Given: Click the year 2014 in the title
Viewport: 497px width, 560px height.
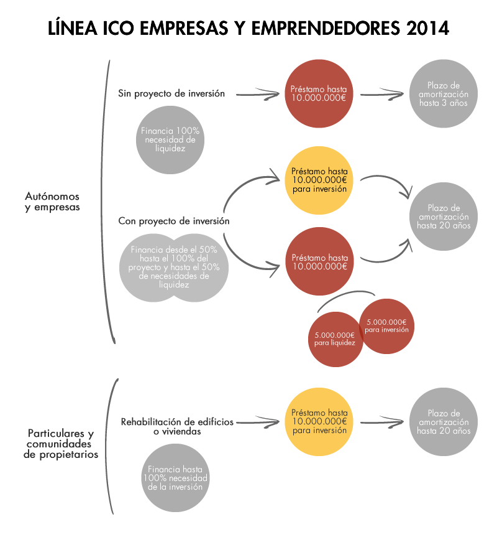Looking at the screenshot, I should tap(428, 29).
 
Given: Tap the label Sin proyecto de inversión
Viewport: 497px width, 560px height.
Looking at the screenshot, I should tap(171, 94).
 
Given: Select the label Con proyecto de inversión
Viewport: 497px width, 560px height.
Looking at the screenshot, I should tap(174, 221).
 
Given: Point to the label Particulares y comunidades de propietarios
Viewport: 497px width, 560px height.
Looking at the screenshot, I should tap(61, 444).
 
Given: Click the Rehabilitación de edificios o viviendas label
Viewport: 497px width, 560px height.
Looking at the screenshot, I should tap(177, 426).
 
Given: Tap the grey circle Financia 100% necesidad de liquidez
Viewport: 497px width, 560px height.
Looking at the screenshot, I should tap(170, 140).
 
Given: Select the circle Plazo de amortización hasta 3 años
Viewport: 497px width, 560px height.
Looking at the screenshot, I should tap(444, 94).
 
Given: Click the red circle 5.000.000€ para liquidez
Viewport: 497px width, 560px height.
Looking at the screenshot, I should tap(335, 338).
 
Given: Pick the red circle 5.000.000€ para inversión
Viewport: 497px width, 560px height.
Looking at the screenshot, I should tap(386, 325).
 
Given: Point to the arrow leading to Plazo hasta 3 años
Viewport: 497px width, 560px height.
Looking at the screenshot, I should tap(383, 95).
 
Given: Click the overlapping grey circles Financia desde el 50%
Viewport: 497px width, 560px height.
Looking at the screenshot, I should tap(175, 267).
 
